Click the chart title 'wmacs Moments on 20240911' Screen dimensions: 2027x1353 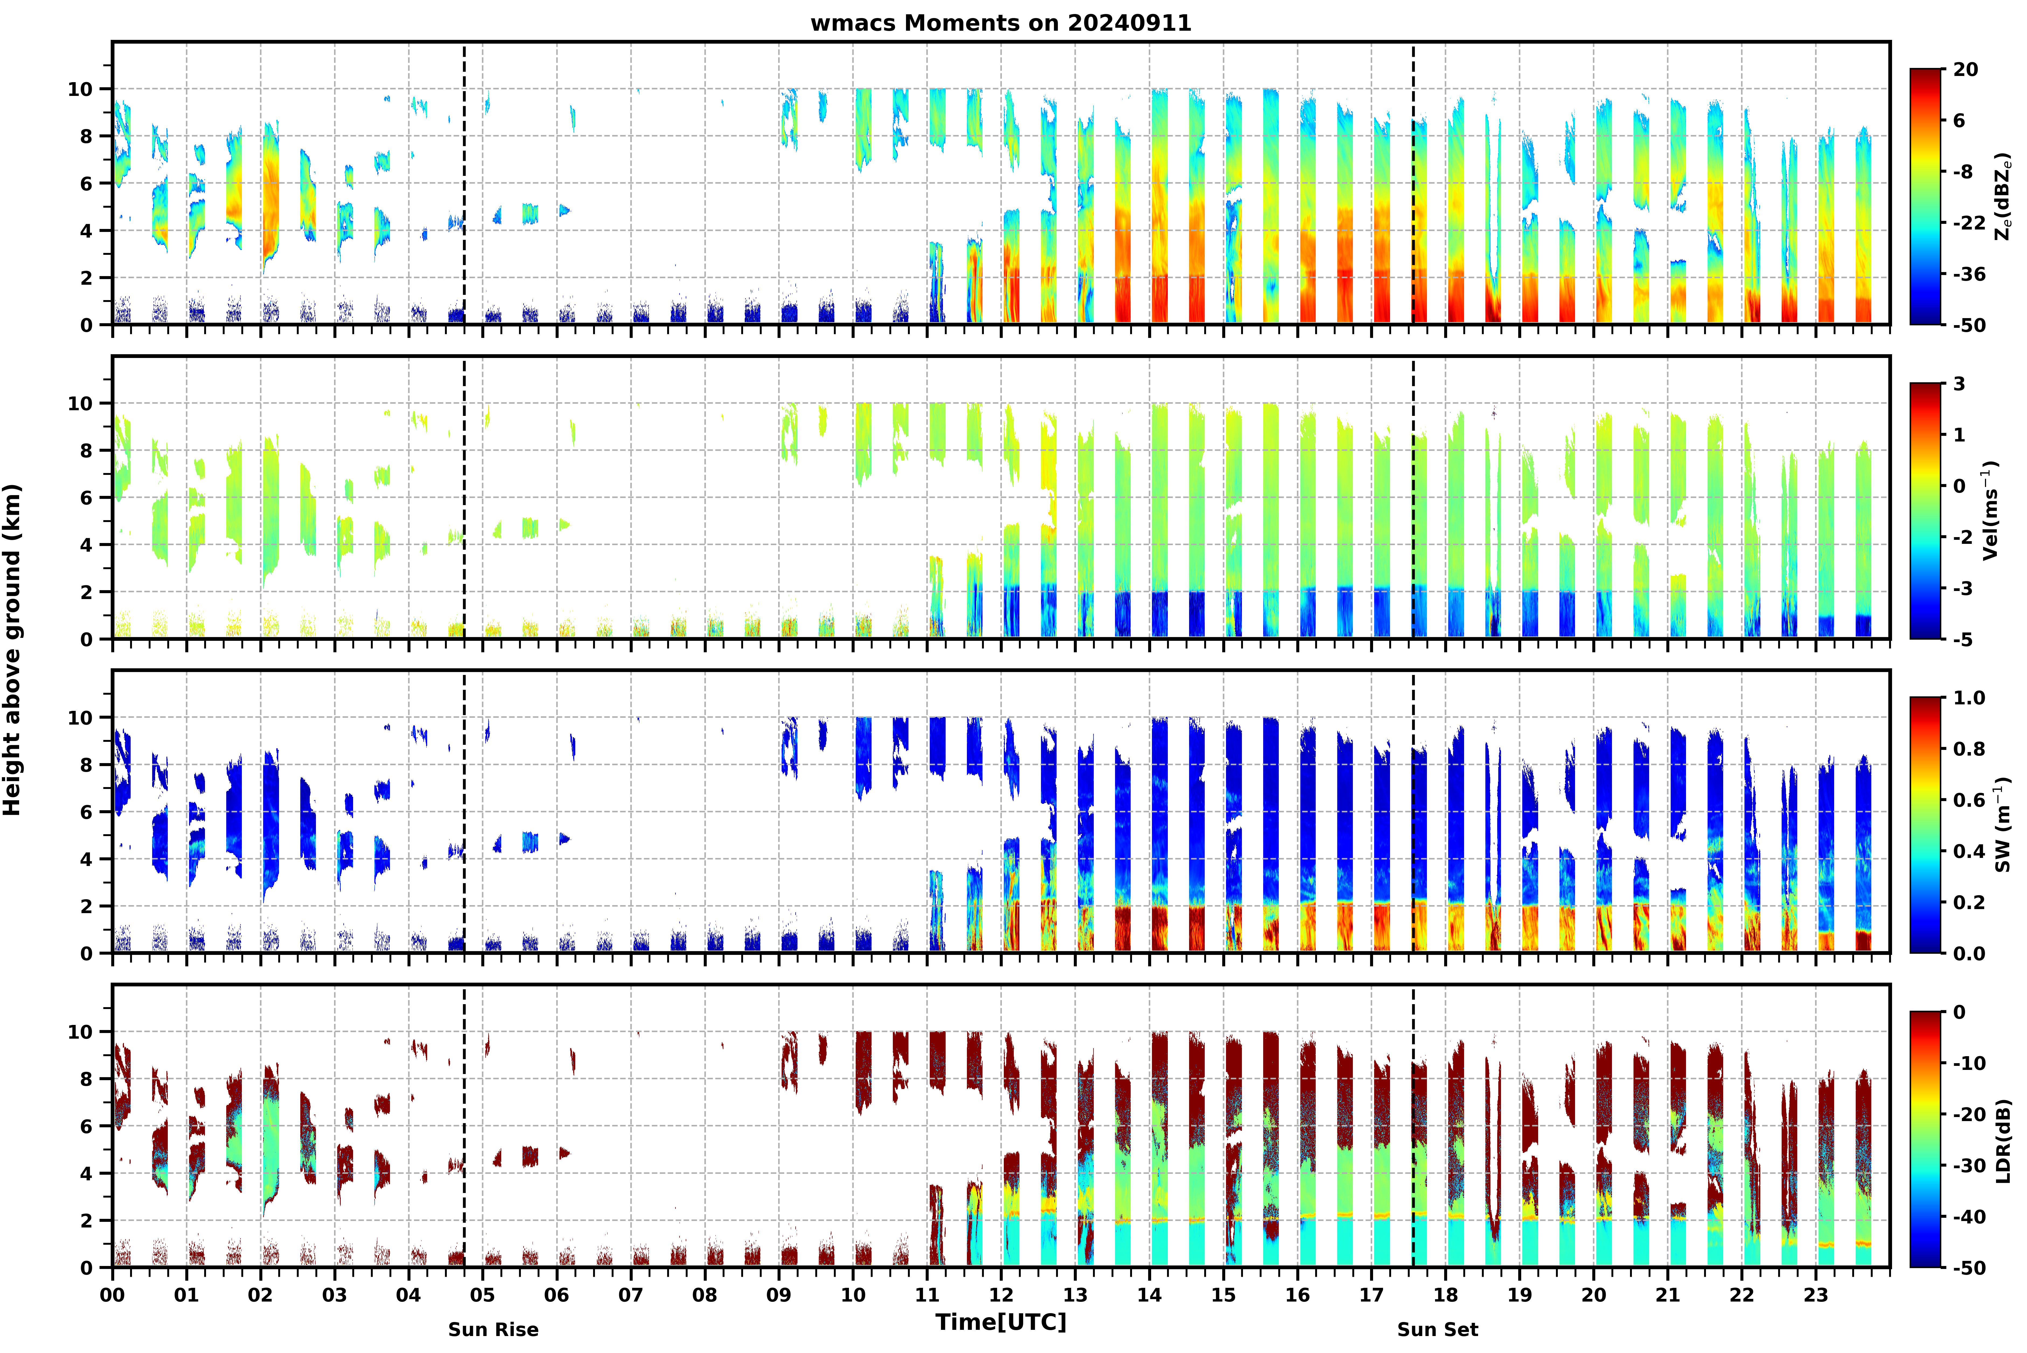pyautogui.click(x=1001, y=23)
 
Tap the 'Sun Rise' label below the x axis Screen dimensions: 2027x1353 pyautogui.click(x=493, y=1330)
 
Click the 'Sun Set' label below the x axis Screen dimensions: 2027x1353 pyautogui.click(x=1438, y=1330)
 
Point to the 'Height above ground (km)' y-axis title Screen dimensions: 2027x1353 pyautogui.click(x=12, y=650)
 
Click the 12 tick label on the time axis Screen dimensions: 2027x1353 pyautogui.click(x=1001, y=1295)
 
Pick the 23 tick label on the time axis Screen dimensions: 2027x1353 pyautogui.click(x=1816, y=1295)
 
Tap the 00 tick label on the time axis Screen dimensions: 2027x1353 pyautogui.click(x=112, y=1295)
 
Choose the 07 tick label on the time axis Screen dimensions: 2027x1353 pyautogui.click(x=631, y=1295)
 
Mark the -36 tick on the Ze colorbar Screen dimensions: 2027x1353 pyautogui.click(x=1969, y=274)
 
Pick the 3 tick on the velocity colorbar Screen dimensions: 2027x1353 pyautogui.click(x=1960, y=384)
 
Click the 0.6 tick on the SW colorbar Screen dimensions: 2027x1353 pyautogui.click(x=1969, y=800)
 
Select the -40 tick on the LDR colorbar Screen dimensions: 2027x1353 pyautogui.click(x=1969, y=1217)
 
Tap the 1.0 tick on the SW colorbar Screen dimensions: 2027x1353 pyautogui.click(x=1969, y=698)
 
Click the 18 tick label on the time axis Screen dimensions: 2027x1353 pyautogui.click(x=1446, y=1295)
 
